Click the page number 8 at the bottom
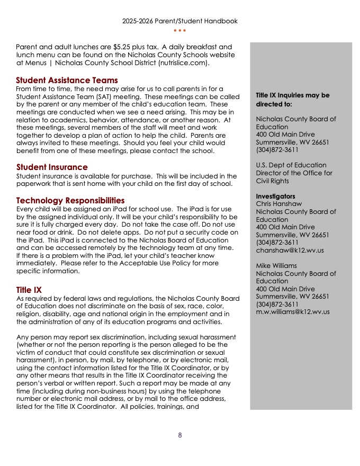tap(180, 435)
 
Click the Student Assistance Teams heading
tap(67, 80)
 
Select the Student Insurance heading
tap(52, 167)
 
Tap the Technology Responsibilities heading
tap(70, 201)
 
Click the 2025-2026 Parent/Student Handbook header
tap(179, 21)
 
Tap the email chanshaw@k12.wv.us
tap(290, 250)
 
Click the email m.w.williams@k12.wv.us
tap(293, 312)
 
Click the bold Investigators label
tap(276, 196)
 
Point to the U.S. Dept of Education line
tap(291, 165)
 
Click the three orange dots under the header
tap(179, 30)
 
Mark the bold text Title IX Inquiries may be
tap(292, 95)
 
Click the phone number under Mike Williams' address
tap(277, 304)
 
